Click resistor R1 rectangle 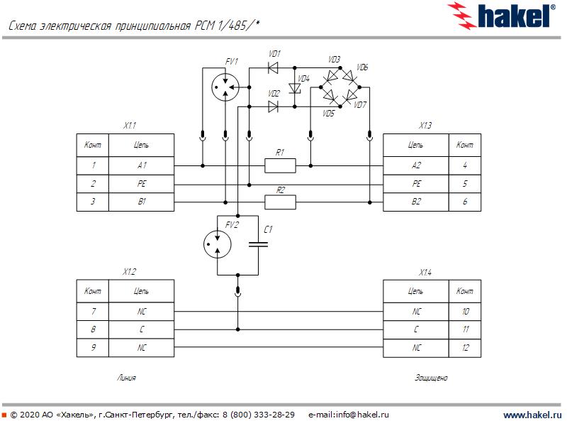coord(280,165)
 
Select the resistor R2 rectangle coord(280,202)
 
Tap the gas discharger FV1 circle coord(225,87)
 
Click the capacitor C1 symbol coord(259,244)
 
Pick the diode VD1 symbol coord(272,68)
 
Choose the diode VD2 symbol coord(273,106)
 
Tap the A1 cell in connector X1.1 coord(142,165)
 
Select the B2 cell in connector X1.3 coord(415,202)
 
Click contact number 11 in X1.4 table coord(465,329)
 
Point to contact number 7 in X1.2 coord(93,311)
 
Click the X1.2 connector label coord(129,272)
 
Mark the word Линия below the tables coord(126,378)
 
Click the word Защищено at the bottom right coord(431,378)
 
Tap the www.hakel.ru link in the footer coord(532,415)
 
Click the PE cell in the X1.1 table coord(142,184)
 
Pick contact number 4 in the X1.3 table coord(465,165)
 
